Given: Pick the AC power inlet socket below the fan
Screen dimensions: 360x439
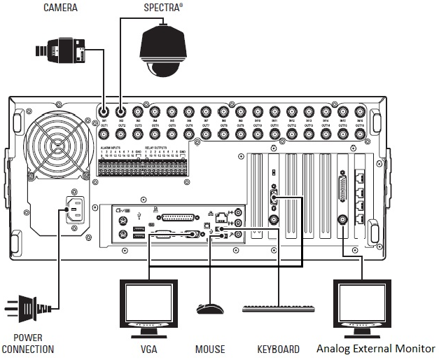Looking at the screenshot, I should click(x=76, y=209).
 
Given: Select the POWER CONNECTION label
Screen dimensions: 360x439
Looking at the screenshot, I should click(x=28, y=343).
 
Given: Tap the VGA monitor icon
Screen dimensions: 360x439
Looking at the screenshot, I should click(x=149, y=305).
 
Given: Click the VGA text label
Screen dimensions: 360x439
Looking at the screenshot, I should click(x=149, y=349).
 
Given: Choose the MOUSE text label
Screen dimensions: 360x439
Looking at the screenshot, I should click(x=209, y=349).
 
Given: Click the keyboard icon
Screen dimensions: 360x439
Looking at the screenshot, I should click(x=277, y=308).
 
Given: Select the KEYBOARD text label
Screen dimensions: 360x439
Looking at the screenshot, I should click(x=277, y=349).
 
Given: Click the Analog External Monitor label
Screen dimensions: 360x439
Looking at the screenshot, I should click(x=375, y=348).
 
